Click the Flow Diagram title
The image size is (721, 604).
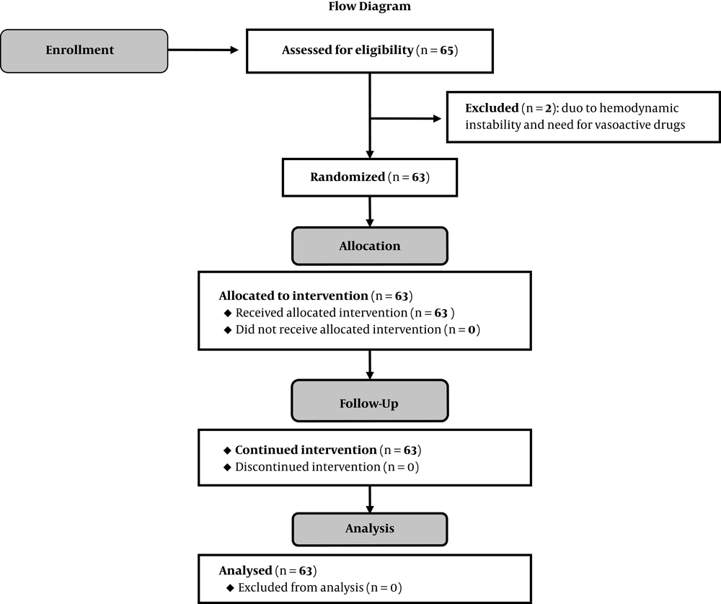[370, 6]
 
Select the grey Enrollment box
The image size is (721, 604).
[84, 51]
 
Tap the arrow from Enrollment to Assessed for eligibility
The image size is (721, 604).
[203, 50]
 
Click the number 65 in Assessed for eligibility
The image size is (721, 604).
[446, 50]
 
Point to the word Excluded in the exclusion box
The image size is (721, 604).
[492, 108]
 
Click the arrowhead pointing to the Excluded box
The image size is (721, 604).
[438, 119]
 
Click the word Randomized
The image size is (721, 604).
[348, 177]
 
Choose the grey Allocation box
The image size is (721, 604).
[370, 246]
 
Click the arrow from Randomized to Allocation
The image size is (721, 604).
[370, 212]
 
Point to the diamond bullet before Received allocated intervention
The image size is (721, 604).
[228, 313]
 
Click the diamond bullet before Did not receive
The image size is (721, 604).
[228, 330]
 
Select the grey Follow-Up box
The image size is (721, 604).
[370, 401]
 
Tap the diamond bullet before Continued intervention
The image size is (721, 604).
[227, 450]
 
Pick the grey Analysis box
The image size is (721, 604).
[370, 530]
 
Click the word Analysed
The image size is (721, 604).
[246, 571]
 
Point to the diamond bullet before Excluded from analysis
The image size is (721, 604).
[230, 588]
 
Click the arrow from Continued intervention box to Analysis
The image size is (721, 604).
[370, 499]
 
